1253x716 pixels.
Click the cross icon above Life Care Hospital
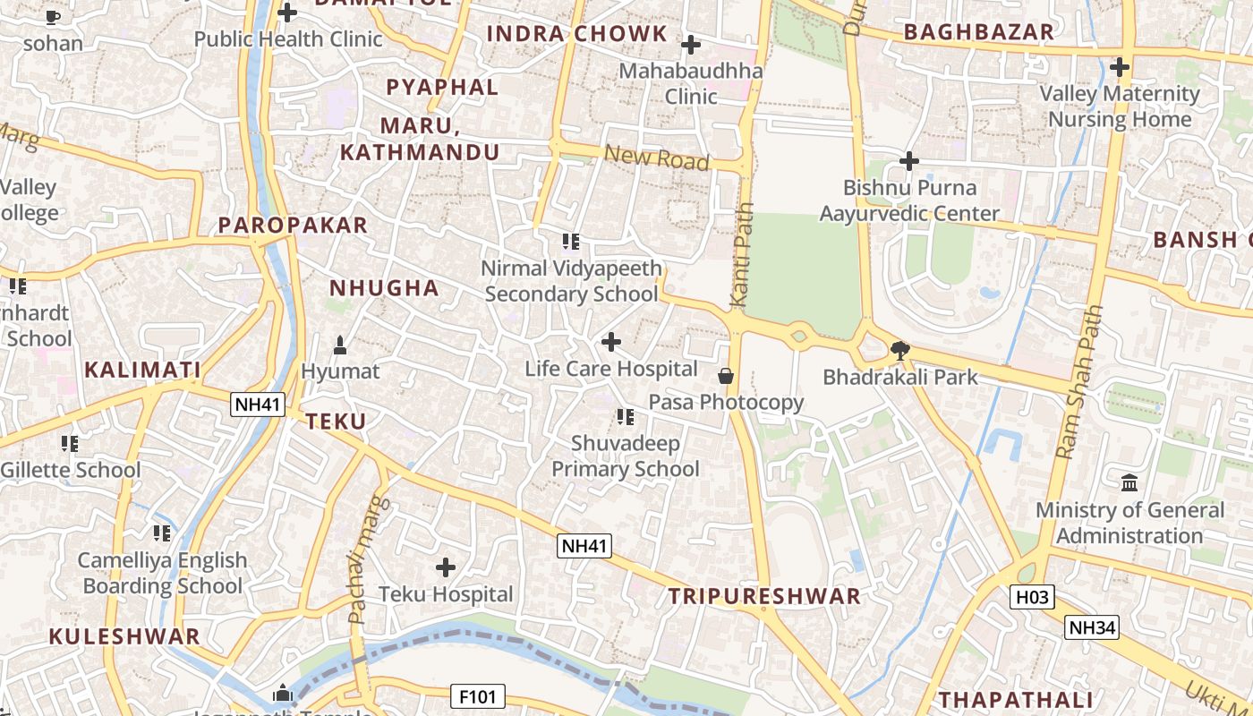pyautogui.click(x=611, y=342)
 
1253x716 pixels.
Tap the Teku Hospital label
pyautogui.click(x=446, y=594)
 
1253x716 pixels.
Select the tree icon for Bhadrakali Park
pyautogui.click(x=900, y=351)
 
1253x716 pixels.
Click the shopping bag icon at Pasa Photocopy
pyautogui.click(x=726, y=376)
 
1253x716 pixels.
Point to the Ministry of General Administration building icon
pyautogui.click(x=1129, y=483)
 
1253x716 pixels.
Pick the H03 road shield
pyautogui.click(x=1032, y=597)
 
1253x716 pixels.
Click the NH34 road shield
pyautogui.click(x=1092, y=627)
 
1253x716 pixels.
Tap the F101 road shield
pyautogui.click(x=478, y=696)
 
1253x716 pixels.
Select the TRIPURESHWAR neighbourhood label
pyautogui.click(x=764, y=597)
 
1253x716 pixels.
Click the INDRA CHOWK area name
pyautogui.click(x=577, y=35)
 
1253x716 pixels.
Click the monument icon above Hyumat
pyautogui.click(x=340, y=345)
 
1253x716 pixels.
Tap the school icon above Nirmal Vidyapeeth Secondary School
pyautogui.click(x=571, y=242)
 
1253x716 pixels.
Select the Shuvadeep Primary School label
pyautogui.click(x=625, y=456)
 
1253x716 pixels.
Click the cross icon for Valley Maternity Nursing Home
pyautogui.click(x=1119, y=67)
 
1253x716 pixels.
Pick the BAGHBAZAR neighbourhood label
pyautogui.click(x=979, y=33)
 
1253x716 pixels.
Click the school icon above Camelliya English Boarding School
pyautogui.click(x=161, y=533)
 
